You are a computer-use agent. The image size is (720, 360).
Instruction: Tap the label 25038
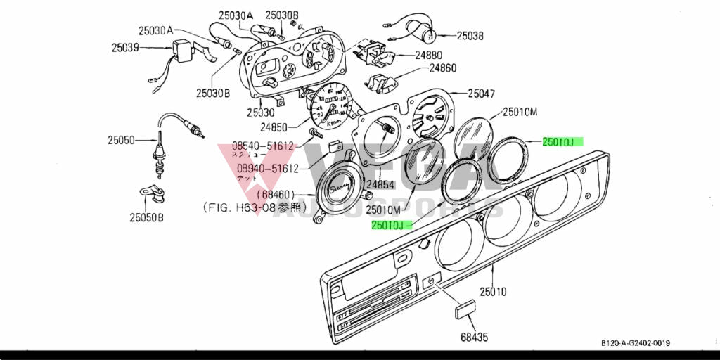[x=470, y=34]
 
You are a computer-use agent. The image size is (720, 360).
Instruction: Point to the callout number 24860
[x=443, y=68]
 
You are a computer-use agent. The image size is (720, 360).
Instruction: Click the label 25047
[x=482, y=93]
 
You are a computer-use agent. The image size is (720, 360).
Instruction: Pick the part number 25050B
[x=146, y=218]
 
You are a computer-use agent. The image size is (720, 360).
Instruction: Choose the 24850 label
[x=275, y=127]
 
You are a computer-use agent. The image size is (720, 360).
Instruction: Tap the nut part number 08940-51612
[x=268, y=169]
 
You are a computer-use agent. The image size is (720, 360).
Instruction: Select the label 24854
[x=380, y=185]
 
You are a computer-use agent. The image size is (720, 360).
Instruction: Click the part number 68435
[x=474, y=337]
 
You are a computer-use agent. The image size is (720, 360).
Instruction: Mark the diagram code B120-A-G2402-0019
[x=635, y=342]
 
